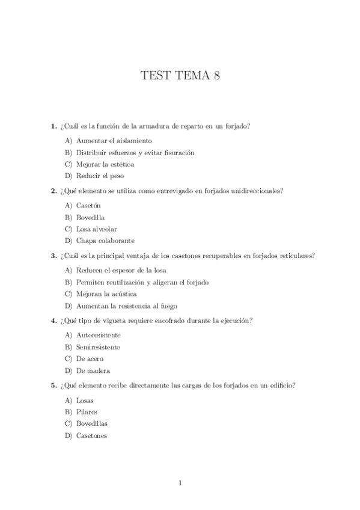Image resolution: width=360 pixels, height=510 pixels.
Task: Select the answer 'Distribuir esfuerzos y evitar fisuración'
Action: (135, 153)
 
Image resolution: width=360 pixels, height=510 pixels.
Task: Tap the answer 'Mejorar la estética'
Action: (105, 164)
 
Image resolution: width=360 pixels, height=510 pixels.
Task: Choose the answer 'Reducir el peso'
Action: (100, 176)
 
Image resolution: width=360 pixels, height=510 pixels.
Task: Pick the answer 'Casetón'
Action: (88, 206)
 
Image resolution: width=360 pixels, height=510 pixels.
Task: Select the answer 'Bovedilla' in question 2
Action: (91, 217)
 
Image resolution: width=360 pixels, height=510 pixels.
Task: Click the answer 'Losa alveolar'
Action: (96, 229)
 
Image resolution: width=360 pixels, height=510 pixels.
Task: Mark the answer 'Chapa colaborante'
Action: (102, 240)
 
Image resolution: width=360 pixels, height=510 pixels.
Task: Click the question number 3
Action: (53, 255)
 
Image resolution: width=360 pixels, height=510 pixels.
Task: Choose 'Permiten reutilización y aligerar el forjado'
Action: (142, 282)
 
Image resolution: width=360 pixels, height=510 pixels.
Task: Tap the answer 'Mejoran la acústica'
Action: (106, 293)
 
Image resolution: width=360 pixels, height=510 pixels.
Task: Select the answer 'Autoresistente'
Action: (98, 335)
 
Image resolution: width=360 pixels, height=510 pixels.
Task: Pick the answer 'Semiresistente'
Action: (98, 347)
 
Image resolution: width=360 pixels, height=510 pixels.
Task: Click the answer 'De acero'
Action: (90, 358)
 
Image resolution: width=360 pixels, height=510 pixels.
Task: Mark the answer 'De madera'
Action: (93, 370)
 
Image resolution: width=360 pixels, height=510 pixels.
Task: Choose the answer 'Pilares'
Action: (87, 412)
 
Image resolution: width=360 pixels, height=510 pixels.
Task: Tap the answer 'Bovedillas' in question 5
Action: (92, 423)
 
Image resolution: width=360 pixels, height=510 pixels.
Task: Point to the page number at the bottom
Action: (180, 482)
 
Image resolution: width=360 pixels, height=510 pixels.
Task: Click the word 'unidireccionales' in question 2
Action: (257, 191)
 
